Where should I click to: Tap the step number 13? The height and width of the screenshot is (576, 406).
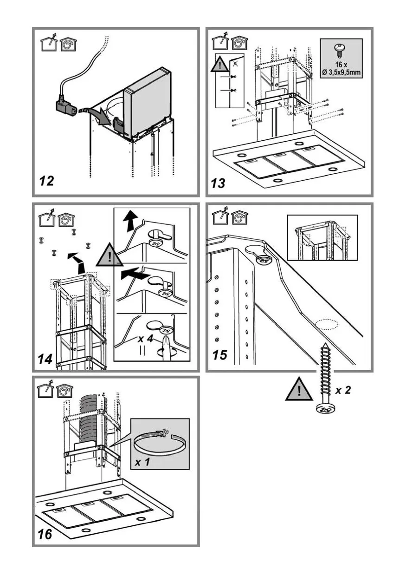pos(218,183)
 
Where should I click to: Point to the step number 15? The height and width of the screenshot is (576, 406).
pos(220,355)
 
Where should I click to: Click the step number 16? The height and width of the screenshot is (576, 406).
pos(45,534)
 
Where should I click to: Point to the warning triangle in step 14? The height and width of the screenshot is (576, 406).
pos(108,256)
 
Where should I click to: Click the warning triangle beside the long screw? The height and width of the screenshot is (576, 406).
pos(298,390)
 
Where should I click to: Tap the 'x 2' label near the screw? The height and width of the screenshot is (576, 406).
pos(343,390)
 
